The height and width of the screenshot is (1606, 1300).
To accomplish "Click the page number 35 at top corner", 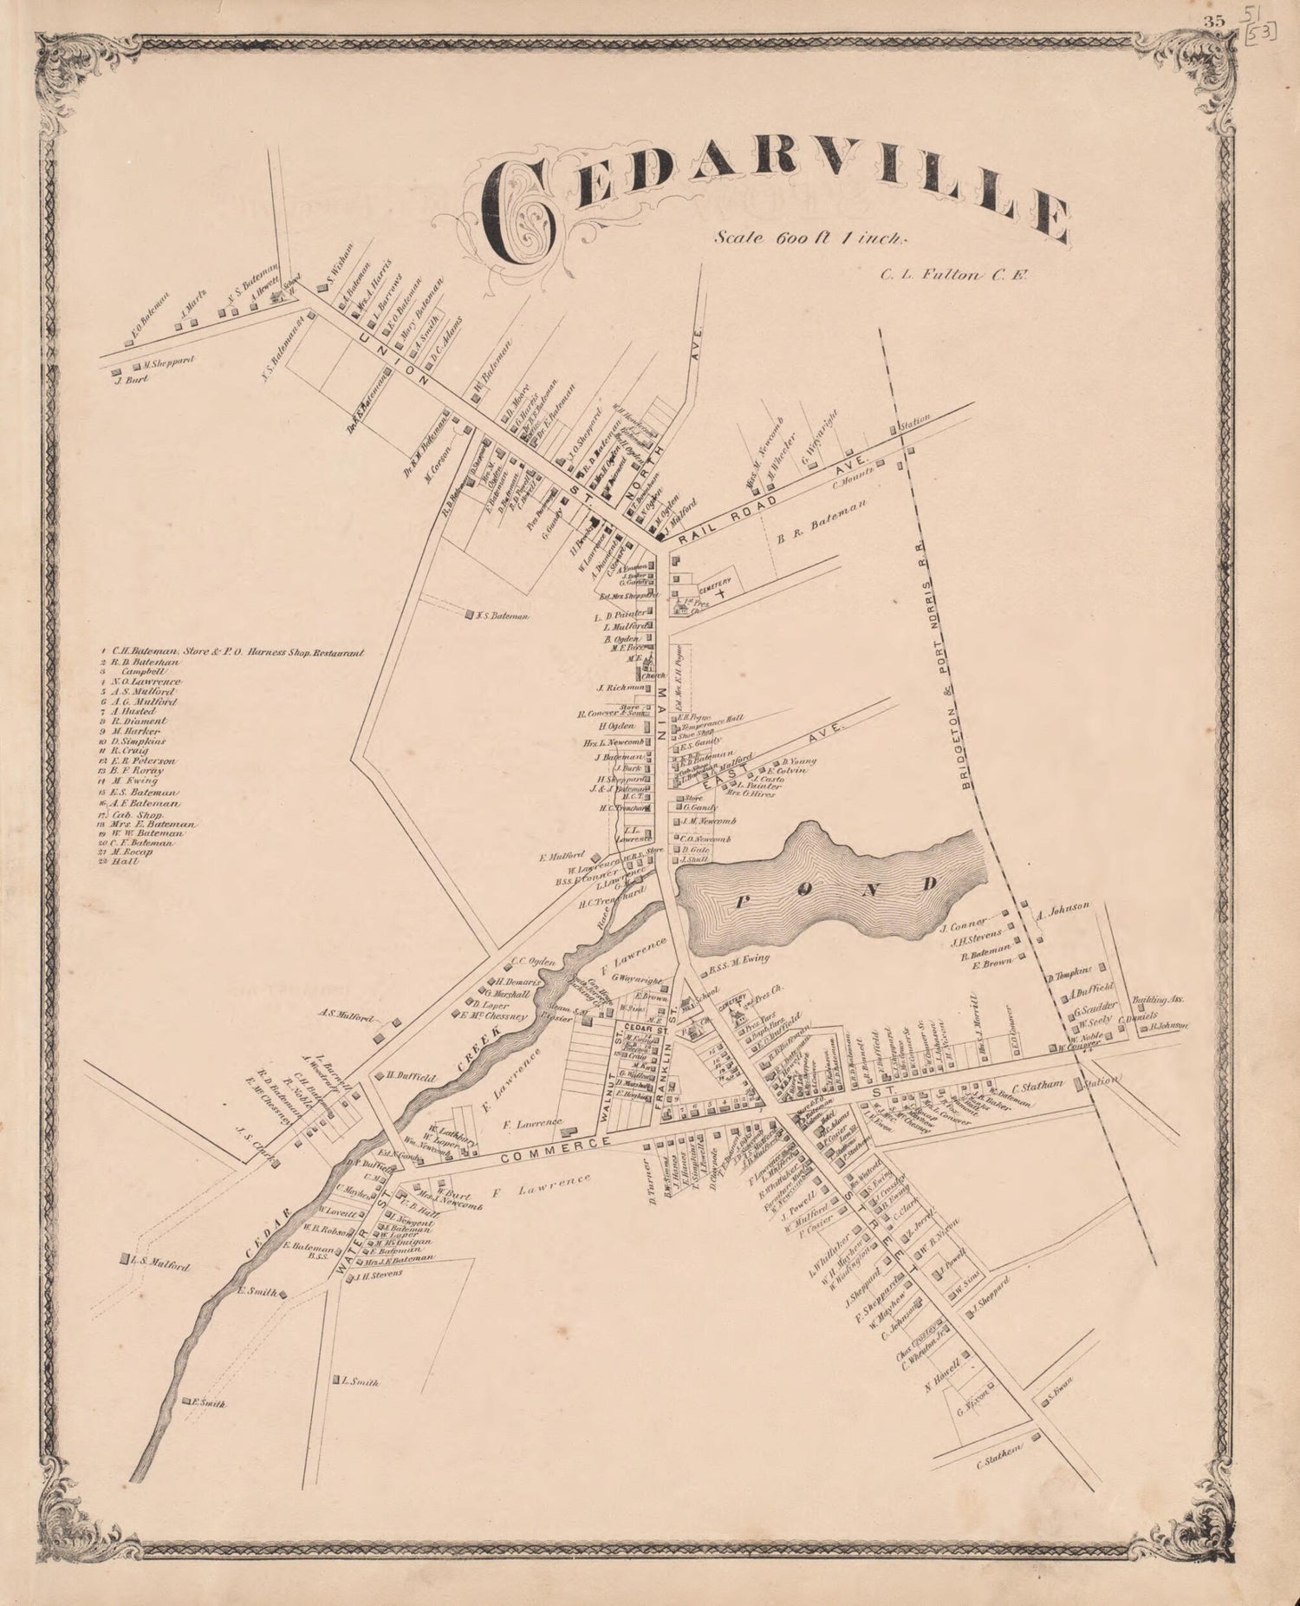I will coord(1212,23).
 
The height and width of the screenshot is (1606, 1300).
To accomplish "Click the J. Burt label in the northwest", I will coord(132,379).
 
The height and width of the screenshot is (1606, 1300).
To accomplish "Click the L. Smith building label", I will coord(360,1382).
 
